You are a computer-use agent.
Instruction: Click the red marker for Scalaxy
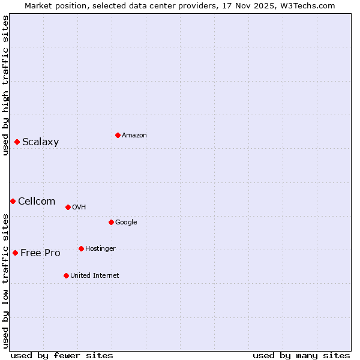(17, 142)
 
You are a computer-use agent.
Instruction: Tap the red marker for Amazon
(118, 135)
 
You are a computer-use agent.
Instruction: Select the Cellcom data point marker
(13, 201)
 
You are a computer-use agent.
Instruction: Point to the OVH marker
(68, 207)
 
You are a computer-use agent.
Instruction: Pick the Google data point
(111, 222)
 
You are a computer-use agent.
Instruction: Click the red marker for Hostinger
(81, 248)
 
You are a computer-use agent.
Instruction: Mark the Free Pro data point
(15, 253)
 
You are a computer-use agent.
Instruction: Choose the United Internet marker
(66, 275)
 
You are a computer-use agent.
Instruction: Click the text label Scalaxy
(41, 142)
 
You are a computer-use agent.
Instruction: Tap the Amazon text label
(134, 136)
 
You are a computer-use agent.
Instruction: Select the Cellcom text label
(37, 202)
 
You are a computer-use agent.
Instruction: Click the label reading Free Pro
(40, 253)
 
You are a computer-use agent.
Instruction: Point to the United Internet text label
(95, 276)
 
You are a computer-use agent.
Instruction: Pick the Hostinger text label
(100, 249)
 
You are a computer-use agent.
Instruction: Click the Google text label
(126, 223)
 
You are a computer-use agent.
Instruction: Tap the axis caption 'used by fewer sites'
(62, 355)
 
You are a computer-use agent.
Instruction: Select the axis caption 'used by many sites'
(301, 355)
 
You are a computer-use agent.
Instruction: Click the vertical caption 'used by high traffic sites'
(6, 85)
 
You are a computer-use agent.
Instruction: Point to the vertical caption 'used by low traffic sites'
(6, 280)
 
